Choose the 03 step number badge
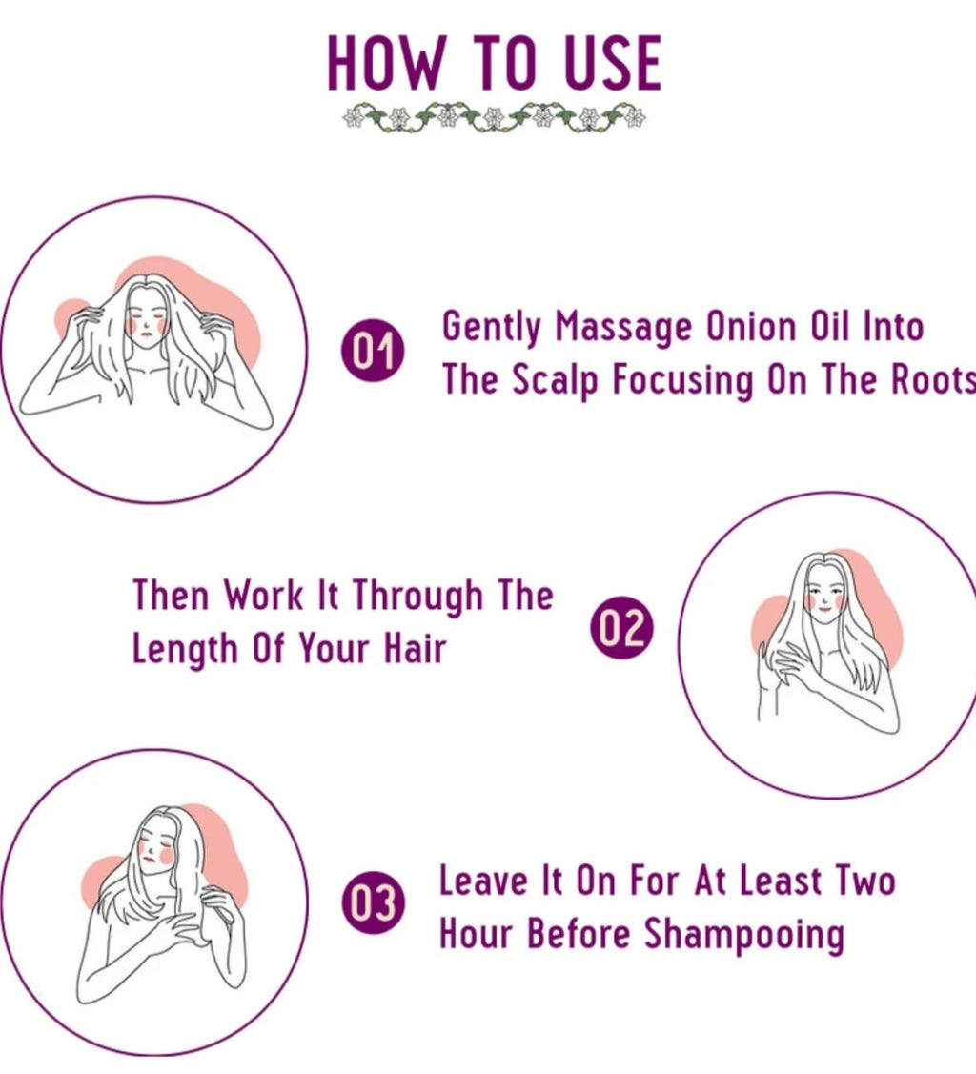click(373, 903)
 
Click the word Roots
click(931, 379)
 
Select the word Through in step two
click(418, 597)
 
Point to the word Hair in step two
click(416, 649)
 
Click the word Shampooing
click(744, 935)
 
